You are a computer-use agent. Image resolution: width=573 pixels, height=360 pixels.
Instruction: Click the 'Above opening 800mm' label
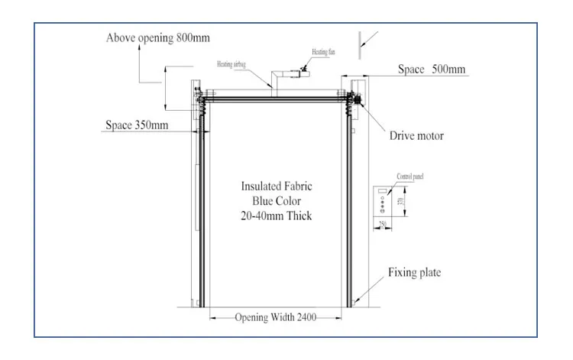[158, 37]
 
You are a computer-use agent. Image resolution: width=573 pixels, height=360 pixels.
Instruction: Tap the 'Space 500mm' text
[432, 70]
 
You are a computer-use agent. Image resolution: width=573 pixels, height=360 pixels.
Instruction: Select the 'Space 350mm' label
[137, 125]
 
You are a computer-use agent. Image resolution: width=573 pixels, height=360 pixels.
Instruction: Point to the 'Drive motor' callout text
[417, 136]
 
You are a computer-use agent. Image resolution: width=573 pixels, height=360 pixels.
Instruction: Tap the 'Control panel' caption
[410, 177]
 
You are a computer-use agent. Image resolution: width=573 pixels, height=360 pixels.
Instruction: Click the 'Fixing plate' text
[414, 272]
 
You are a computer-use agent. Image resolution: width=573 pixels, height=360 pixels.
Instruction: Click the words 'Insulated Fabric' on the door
[277, 186]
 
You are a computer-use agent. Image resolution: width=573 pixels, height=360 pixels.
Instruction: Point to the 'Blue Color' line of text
[277, 201]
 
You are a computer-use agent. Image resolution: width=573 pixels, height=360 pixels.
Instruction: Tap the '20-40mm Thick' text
[277, 216]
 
